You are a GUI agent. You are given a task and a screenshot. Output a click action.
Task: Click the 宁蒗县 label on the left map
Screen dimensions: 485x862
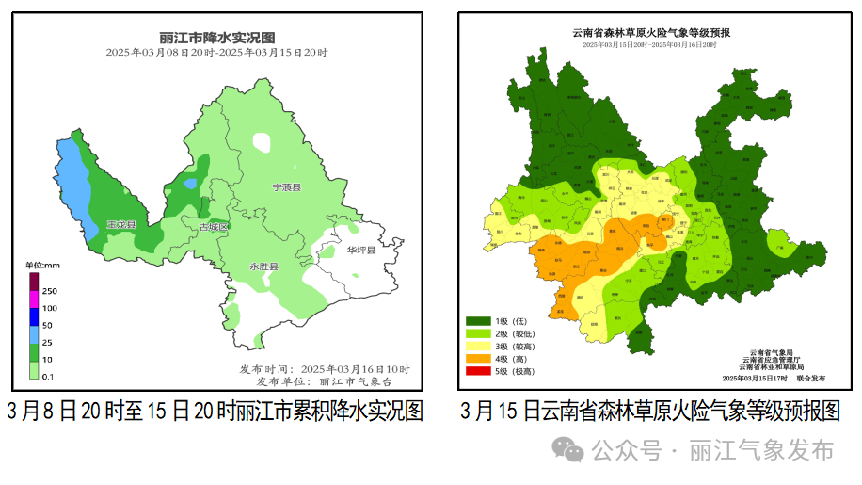[x=286, y=188]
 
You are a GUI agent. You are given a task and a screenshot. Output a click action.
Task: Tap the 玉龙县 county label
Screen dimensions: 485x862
[x=121, y=225]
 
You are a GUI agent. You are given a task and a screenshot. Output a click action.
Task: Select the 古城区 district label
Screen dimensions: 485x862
[x=214, y=228]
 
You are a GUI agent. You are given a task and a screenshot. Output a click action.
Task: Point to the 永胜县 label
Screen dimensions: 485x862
[x=263, y=267]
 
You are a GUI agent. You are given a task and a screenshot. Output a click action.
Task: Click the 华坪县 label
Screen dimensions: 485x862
[x=360, y=251]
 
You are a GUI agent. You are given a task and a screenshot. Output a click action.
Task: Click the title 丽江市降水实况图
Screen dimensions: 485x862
[x=216, y=38]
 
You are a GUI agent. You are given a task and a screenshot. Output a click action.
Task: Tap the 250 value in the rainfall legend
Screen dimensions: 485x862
[x=50, y=291]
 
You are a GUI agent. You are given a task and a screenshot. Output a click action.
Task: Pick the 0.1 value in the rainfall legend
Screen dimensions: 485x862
[x=48, y=377]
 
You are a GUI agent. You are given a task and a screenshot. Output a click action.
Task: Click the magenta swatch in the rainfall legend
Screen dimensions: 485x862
[x=34, y=299]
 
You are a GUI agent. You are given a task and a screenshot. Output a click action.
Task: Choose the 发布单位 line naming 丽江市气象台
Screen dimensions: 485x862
[x=322, y=381]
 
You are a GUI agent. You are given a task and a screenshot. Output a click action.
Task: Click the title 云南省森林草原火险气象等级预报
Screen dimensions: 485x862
[x=651, y=32]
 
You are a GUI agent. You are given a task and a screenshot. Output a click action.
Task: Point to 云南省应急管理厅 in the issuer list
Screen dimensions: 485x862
[x=771, y=359]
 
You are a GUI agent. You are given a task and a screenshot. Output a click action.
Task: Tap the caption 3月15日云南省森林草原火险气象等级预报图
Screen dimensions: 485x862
[x=649, y=412]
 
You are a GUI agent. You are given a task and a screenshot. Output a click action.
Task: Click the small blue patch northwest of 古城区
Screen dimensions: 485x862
[x=191, y=183]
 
